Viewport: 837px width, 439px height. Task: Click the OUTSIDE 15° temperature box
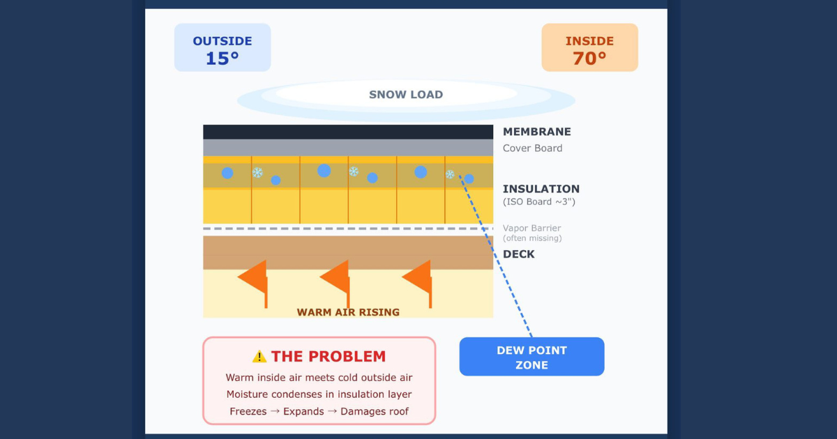click(222, 47)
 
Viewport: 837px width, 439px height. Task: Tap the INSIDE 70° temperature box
click(589, 47)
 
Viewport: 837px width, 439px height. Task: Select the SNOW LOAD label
click(406, 95)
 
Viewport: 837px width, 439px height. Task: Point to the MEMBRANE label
click(536, 132)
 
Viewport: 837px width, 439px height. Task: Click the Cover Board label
click(532, 148)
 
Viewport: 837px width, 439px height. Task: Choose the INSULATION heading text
click(541, 189)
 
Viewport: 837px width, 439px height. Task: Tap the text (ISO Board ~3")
click(539, 203)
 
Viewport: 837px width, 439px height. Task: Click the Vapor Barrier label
click(531, 229)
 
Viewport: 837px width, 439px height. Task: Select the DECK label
click(519, 254)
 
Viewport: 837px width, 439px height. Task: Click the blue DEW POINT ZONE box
click(531, 357)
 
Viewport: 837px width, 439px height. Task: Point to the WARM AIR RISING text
click(348, 312)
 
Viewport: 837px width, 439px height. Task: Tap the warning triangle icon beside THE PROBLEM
click(259, 357)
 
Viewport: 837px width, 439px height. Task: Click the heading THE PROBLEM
click(328, 357)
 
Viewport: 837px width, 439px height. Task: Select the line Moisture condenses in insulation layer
click(319, 394)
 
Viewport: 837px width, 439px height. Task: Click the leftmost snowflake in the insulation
click(257, 173)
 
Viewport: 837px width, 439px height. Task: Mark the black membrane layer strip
click(348, 132)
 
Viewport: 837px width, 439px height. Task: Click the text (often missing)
click(532, 238)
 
